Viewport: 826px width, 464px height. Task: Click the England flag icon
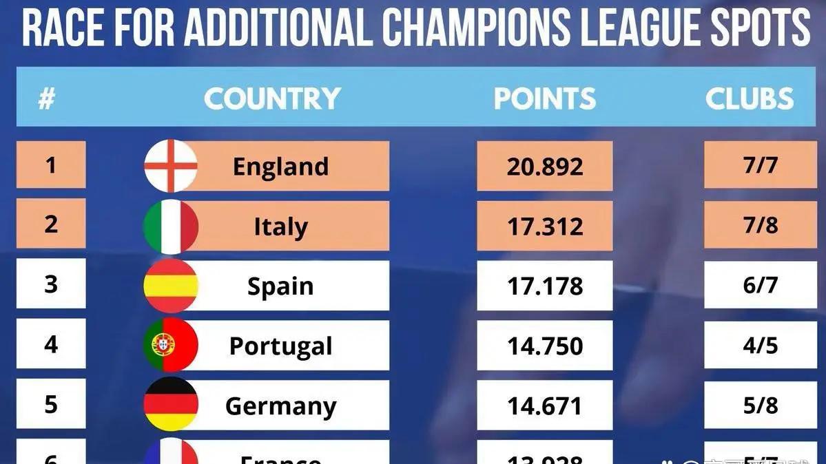pos(170,166)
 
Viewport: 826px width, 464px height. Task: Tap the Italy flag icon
pos(170,226)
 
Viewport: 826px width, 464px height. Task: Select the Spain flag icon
pos(170,286)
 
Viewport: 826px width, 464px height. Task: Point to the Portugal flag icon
pos(170,345)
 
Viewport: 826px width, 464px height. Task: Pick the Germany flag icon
pos(170,404)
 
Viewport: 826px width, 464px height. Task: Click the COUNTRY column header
pos(272,99)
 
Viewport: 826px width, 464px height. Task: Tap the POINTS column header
pos(544,99)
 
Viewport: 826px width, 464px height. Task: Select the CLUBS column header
pos(750,99)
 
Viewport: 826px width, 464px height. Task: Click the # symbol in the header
pos(46,99)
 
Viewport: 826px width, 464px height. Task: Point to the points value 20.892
pos(544,166)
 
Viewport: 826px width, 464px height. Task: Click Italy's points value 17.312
pos(544,226)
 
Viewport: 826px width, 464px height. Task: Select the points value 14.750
pos(544,346)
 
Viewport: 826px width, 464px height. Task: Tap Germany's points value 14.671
pos(544,405)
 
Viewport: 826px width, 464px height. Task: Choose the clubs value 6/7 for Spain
pos(760,285)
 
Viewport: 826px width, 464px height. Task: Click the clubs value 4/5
pos(760,345)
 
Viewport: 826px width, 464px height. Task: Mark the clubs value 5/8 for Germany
pos(760,405)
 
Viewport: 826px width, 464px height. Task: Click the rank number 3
pos(51,284)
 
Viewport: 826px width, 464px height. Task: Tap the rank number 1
pos(51,165)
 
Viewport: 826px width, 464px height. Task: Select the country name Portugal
pos(280,346)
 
